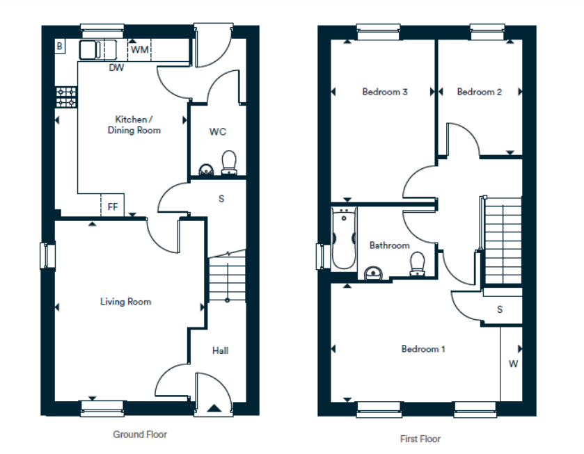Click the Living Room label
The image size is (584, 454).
(x=125, y=302)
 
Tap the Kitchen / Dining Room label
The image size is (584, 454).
(x=134, y=124)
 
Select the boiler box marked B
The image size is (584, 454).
(x=60, y=46)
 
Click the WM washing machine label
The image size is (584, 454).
(x=140, y=49)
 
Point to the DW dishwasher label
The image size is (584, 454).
(x=116, y=67)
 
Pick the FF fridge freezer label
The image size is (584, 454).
(x=113, y=206)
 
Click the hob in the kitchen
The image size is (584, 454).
(x=66, y=97)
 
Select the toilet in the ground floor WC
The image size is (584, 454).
(x=229, y=163)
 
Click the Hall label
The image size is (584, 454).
(x=220, y=350)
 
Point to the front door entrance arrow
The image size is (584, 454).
(x=214, y=408)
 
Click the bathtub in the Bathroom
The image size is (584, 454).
(x=344, y=238)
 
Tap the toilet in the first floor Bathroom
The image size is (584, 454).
(x=417, y=264)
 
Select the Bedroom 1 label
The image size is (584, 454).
(x=423, y=349)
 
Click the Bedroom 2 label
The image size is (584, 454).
(x=480, y=92)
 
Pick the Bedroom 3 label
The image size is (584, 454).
(x=385, y=92)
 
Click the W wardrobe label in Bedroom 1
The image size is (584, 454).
(x=513, y=364)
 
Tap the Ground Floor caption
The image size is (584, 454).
(x=140, y=435)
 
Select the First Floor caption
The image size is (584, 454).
(x=420, y=439)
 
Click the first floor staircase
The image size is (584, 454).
(x=503, y=241)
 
